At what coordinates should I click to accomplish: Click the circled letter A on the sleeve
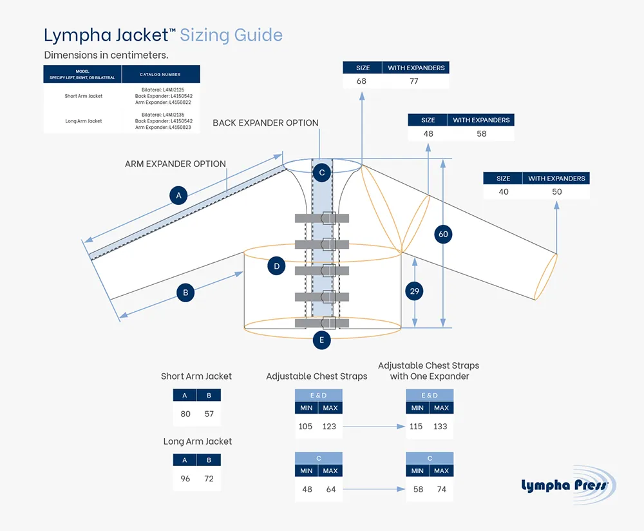point(178,195)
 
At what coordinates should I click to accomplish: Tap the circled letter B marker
point(185,293)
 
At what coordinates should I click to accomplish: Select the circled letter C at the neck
point(321,172)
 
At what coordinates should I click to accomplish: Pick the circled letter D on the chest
point(276,265)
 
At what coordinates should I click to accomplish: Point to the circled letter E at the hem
point(321,340)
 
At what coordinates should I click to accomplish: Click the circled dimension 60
point(443,234)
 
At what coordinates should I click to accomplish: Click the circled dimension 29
point(415,291)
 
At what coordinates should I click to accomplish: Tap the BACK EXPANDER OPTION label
point(265,123)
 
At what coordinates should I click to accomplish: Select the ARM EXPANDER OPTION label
point(175,164)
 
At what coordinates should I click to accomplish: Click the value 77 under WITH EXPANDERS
point(414,81)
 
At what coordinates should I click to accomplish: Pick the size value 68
point(361,81)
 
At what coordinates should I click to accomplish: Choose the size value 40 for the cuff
point(503,191)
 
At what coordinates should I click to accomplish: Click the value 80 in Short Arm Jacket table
point(185,414)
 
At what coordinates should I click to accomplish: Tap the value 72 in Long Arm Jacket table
point(209,479)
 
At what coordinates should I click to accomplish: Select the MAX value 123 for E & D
point(329,426)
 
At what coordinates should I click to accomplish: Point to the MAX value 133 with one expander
point(440,426)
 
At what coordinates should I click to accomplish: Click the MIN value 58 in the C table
point(418,489)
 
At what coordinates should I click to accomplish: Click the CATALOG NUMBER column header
point(160,75)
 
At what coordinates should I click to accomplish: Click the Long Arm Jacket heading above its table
point(197,441)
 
